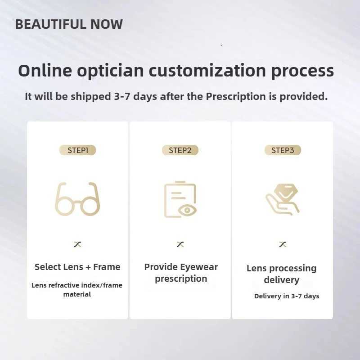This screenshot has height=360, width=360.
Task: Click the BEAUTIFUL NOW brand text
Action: click(x=69, y=24)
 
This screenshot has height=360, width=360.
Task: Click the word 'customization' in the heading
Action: click(x=207, y=71)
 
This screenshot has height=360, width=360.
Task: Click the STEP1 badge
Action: click(x=77, y=150)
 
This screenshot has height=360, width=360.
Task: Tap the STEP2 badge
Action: click(x=180, y=150)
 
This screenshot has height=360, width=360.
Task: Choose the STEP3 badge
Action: click(x=283, y=150)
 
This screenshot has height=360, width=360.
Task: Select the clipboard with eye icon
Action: click(x=180, y=199)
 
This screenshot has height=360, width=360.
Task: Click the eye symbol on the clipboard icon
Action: click(x=186, y=210)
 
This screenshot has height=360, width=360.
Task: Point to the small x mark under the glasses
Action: click(x=77, y=244)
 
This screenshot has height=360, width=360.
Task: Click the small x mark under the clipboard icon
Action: click(x=180, y=244)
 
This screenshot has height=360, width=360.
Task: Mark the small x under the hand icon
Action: click(x=283, y=244)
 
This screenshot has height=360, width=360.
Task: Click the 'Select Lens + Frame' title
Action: click(x=77, y=267)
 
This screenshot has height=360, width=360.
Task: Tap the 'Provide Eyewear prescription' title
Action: click(x=181, y=273)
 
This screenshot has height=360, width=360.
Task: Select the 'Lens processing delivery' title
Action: click(x=282, y=274)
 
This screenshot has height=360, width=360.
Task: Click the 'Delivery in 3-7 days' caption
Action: click(x=287, y=296)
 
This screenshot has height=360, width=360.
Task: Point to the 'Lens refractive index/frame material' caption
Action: click(x=77, y=290)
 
